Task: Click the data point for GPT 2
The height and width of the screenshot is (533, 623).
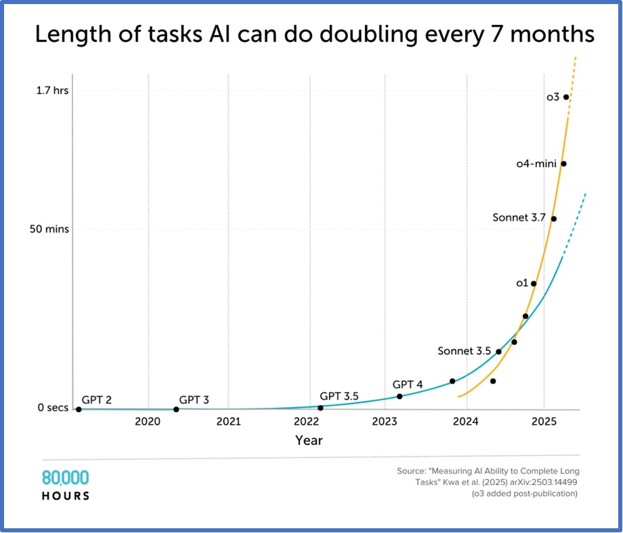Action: coord(79,409)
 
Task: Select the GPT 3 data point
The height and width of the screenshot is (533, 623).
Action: coord(176,409)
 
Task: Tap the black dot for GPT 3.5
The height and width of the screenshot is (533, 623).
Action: coord(320,408)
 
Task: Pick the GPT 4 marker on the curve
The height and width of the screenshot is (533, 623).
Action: coord(400,396)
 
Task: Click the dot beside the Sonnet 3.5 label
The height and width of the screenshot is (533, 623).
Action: coord(499,352)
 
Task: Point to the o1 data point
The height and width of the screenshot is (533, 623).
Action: coord(534,283)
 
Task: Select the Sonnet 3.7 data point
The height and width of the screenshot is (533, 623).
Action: coord(554,218)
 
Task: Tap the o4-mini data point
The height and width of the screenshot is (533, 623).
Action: coord(563,164)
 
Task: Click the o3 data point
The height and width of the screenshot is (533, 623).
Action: coord(566,97)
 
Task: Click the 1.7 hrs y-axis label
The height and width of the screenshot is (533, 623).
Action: coord(51,90)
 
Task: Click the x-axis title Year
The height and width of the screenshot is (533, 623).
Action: coord(309,440)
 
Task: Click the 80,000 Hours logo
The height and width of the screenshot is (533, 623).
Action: coord(66,484)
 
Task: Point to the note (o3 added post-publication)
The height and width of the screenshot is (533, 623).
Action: coord(525,494)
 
